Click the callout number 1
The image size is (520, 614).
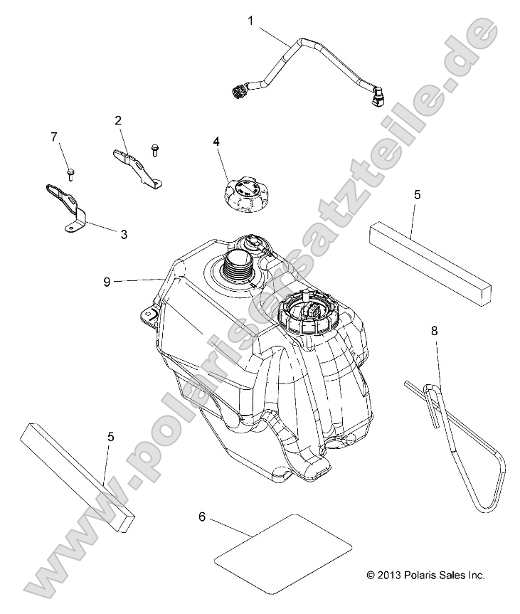pyautogui.click(x=250, y=21)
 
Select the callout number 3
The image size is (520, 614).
pyautogui.click(x=124, y=233)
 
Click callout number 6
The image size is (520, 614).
pyautogui.click(x=201, y=517)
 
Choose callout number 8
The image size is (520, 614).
pyautogui.click(x=434, y=330)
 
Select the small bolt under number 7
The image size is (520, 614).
pyautogui.click(x=70, y=171)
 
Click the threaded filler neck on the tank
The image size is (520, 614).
pyautogui.click(x=237, y=265)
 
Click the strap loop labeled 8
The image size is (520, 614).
pyautogui.click(x=462, y=445)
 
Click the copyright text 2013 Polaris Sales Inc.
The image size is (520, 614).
pyautogui.click(x=425, y=575)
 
